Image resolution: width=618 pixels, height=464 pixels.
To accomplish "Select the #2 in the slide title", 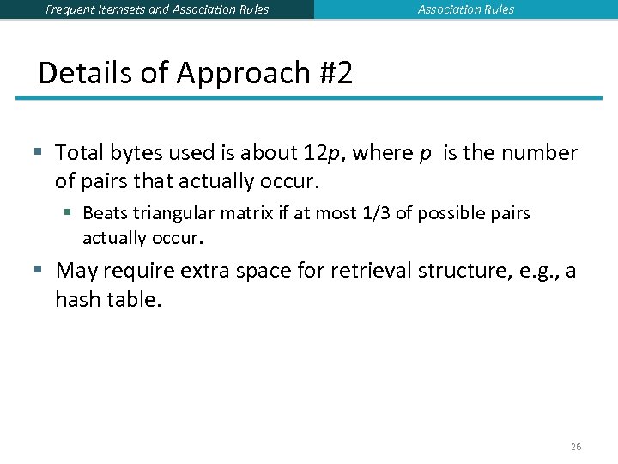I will pyautogui.click(x=334, y=73).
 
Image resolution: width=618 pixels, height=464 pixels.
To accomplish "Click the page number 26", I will pyautogui.click(x=575, y=447).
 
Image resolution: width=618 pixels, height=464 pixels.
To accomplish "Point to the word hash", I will pyautogui.click(x=77, y=299).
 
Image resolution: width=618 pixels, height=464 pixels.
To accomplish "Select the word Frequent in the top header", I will pyautogui.click(x=72, y=9).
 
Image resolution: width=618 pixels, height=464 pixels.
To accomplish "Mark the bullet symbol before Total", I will pyautogui.click(x=38, y=153).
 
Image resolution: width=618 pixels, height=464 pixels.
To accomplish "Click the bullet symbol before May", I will pyautogui.click(x=38, y=271).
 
